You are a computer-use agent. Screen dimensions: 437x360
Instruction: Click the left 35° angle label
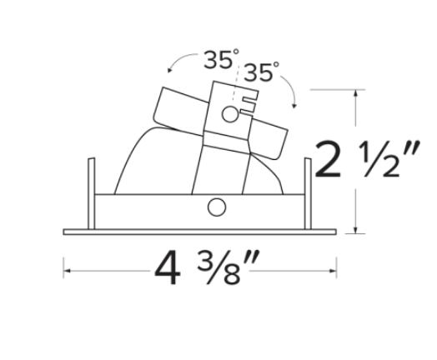coord(221,59)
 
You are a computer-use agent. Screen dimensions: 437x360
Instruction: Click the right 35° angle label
coord(261,72)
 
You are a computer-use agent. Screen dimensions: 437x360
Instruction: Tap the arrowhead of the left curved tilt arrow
coord(169,70)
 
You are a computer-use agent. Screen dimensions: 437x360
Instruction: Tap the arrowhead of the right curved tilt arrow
coord(294,106)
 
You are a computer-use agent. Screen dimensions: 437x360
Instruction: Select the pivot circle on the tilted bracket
coord(230,114)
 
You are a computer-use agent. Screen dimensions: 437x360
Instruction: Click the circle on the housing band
coord(217,207)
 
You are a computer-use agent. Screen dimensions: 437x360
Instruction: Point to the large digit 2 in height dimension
coord(328,159)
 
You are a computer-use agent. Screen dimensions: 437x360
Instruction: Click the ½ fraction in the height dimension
coord(379,159)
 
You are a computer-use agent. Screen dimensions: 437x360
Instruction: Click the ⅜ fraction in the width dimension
coord(218,267)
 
